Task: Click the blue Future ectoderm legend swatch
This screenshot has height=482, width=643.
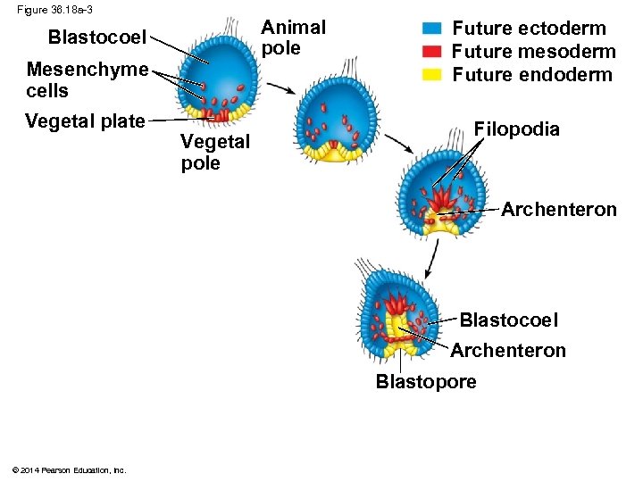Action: pos(432,29)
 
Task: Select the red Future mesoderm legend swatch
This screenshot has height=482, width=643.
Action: pos(432,52)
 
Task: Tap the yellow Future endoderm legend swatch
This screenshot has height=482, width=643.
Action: pos(432,75)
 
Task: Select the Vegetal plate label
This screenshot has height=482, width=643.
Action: pos(85,121)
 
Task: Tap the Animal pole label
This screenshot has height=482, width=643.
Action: pos(293,37)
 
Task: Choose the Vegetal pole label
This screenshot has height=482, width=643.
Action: pos(215,152)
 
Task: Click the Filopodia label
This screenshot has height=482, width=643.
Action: pos(516,129)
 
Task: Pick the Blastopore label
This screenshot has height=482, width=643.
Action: pos(426,382)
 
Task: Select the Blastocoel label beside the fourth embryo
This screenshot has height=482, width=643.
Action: pos(508,320)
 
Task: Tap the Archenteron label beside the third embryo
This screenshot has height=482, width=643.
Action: pos(558,210)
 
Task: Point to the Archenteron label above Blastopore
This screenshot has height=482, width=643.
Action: pos(507,351)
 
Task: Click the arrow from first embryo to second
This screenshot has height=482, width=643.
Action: pos(282,88)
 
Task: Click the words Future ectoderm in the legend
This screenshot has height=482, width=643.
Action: pos(529,29)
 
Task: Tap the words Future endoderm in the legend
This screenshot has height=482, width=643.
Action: pos(532,75)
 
